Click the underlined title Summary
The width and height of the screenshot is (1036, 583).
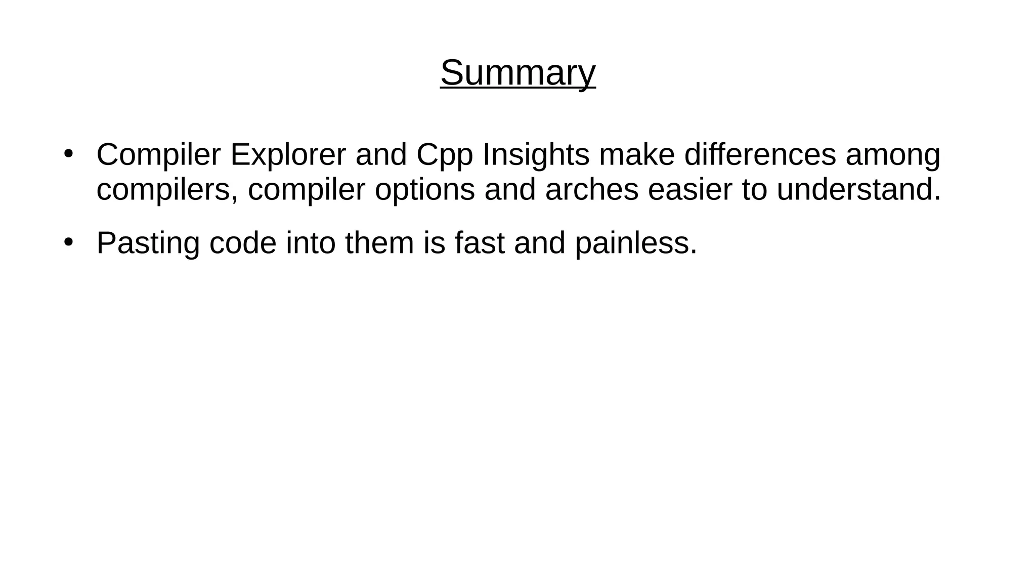517,73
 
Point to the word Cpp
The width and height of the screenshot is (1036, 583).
445,155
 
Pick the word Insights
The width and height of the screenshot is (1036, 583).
536,155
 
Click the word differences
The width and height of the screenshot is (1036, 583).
760,154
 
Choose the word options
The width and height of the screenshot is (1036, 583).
425,190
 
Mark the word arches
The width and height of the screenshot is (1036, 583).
592,189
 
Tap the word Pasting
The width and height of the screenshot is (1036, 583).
148,243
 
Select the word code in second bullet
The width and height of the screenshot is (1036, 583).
243,243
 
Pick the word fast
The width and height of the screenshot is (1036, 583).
479,243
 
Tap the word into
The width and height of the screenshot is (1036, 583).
311,243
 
